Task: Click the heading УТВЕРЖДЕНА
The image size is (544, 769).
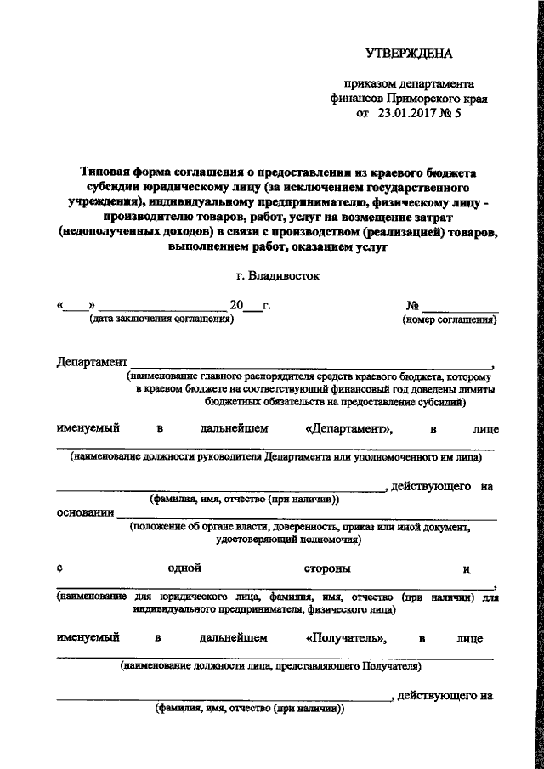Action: (410, 54)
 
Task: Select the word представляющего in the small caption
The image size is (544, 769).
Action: (318, 666)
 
